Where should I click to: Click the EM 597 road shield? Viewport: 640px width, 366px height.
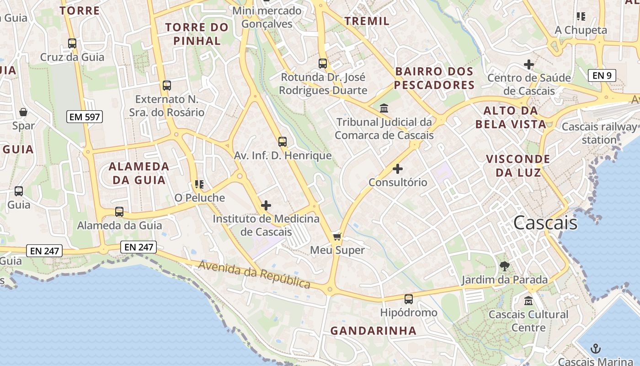[85, 117]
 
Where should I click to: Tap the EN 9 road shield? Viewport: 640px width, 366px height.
[602, 75]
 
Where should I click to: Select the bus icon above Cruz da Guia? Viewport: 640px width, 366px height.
[72, 43]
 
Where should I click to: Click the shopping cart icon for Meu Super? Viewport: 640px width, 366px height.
[337, 237]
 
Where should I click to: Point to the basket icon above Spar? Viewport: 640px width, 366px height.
[23, 112]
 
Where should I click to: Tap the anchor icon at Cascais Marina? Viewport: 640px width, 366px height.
[595, 349]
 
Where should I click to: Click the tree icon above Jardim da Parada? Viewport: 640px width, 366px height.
[505, 266]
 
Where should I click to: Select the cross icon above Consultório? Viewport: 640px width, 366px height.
[398, 169]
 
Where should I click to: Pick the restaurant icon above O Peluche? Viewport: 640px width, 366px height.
[199, 184]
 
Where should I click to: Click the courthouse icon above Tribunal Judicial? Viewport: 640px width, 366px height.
[384, 108]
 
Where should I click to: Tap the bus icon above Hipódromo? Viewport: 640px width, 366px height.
[409, 299]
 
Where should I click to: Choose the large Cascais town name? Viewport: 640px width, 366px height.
[545, 223]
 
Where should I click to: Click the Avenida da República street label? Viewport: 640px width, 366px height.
[255, 274]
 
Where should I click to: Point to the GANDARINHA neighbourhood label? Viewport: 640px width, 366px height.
[373, 330]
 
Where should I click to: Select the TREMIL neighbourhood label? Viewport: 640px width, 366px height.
[367, 21]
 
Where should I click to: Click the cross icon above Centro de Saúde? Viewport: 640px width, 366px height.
[529, 65]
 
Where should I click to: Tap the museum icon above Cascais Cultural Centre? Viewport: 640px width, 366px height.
[528, 301]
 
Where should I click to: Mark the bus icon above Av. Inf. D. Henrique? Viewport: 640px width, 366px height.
[283, 142]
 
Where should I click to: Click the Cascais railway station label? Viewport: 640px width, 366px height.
[599, 133]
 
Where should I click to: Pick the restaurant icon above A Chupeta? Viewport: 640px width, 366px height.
[581, 16]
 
